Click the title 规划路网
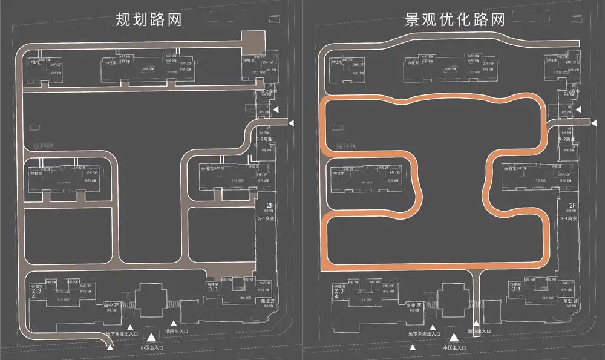(x=149, y=20)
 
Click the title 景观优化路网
(x=455, y=20)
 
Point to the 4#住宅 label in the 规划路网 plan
(x=36, y=173)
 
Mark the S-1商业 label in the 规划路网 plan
(x=266, y=218)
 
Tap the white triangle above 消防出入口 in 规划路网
(x=174, y=324)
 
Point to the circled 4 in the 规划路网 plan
(x=34, y=296)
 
